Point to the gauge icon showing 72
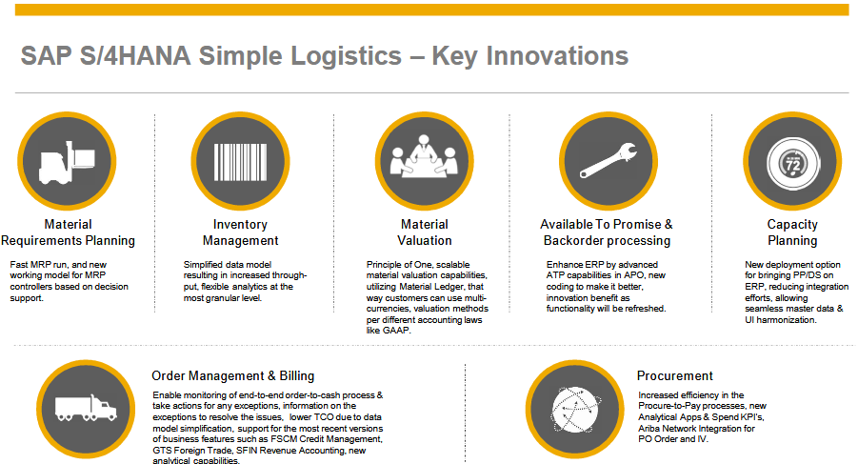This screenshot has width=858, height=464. click(x=792, y=161)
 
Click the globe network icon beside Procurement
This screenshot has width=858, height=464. click(x=572, y=408)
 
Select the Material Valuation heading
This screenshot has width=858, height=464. click(x=425, y=232)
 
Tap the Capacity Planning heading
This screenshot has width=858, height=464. click(x=792, y=232)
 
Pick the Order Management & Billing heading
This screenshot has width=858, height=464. click(x=232, y=375)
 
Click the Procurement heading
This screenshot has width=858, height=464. click(x=675, y=375)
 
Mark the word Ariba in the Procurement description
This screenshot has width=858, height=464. click(x=654, y=429)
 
